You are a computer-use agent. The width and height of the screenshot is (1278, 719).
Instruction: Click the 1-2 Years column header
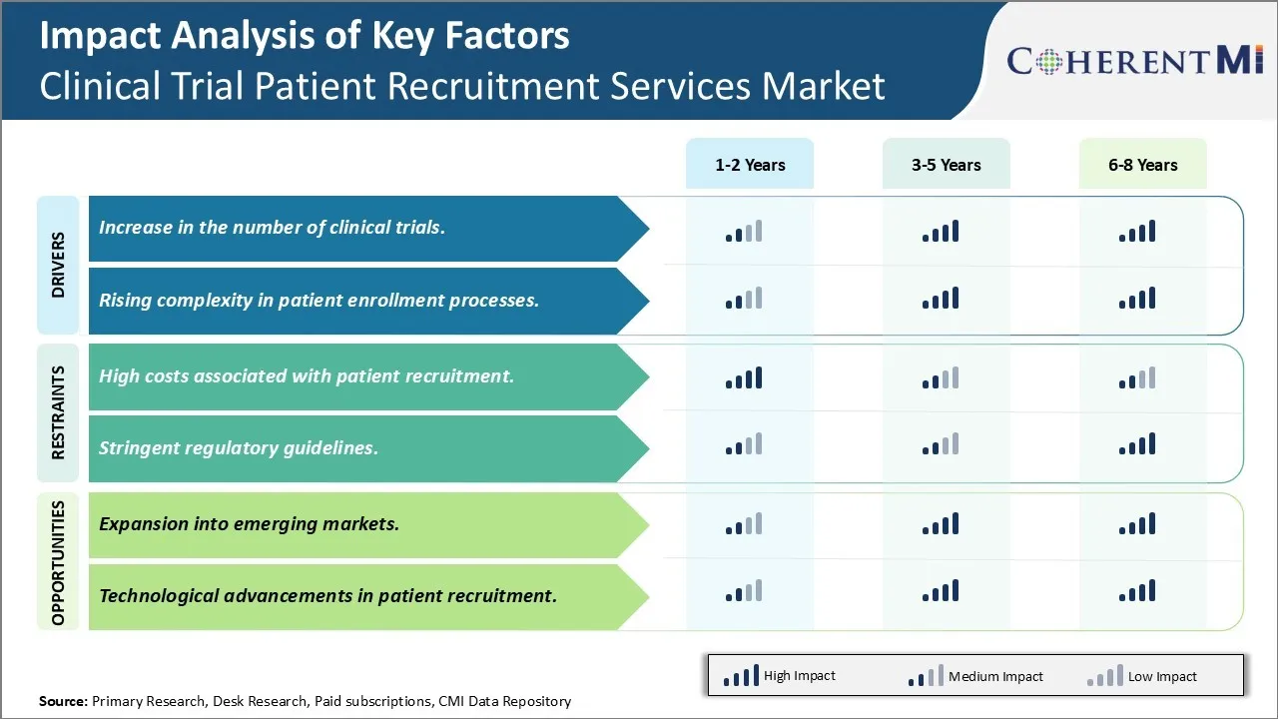750,165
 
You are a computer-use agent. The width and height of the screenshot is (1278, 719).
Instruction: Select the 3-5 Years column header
946,165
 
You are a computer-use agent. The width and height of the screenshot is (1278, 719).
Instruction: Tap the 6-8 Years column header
1142,165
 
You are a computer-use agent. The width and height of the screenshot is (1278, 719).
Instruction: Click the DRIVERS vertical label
58,265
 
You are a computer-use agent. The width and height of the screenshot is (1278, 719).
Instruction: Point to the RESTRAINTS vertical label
58,412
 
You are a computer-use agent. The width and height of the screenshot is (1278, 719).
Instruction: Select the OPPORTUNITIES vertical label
58,562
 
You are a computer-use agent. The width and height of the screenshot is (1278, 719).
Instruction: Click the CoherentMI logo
1135,61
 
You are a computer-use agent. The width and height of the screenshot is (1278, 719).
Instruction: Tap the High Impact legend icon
740,677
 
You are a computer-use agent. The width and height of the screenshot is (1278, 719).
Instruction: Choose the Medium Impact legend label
994,677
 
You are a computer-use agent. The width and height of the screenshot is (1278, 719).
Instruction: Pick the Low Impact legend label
1162,677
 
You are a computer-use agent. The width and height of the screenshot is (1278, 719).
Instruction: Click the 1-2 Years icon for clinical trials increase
744,232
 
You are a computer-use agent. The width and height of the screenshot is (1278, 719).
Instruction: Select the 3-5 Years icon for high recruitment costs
941,378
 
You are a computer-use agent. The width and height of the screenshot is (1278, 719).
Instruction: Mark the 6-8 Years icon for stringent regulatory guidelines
1137,444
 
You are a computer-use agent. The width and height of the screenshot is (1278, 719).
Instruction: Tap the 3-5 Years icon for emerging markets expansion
941,524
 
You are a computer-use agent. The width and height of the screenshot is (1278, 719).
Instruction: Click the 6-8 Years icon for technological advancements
1137,591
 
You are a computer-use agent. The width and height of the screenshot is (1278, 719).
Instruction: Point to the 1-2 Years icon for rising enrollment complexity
744,298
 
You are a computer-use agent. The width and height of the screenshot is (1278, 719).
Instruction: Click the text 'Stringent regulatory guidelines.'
239,448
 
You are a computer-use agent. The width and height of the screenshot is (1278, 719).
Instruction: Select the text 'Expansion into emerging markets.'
249,524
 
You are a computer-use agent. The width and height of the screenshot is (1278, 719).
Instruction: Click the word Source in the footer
63,701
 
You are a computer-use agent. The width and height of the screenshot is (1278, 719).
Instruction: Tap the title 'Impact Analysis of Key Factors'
305,37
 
